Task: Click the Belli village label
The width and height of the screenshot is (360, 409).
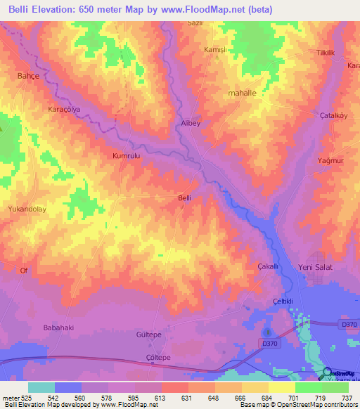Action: point(184,198)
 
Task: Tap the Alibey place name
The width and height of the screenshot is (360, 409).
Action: point(182,122)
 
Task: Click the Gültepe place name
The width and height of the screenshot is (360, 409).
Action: point(148,336)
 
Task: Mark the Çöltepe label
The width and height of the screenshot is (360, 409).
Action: point(157,358)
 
